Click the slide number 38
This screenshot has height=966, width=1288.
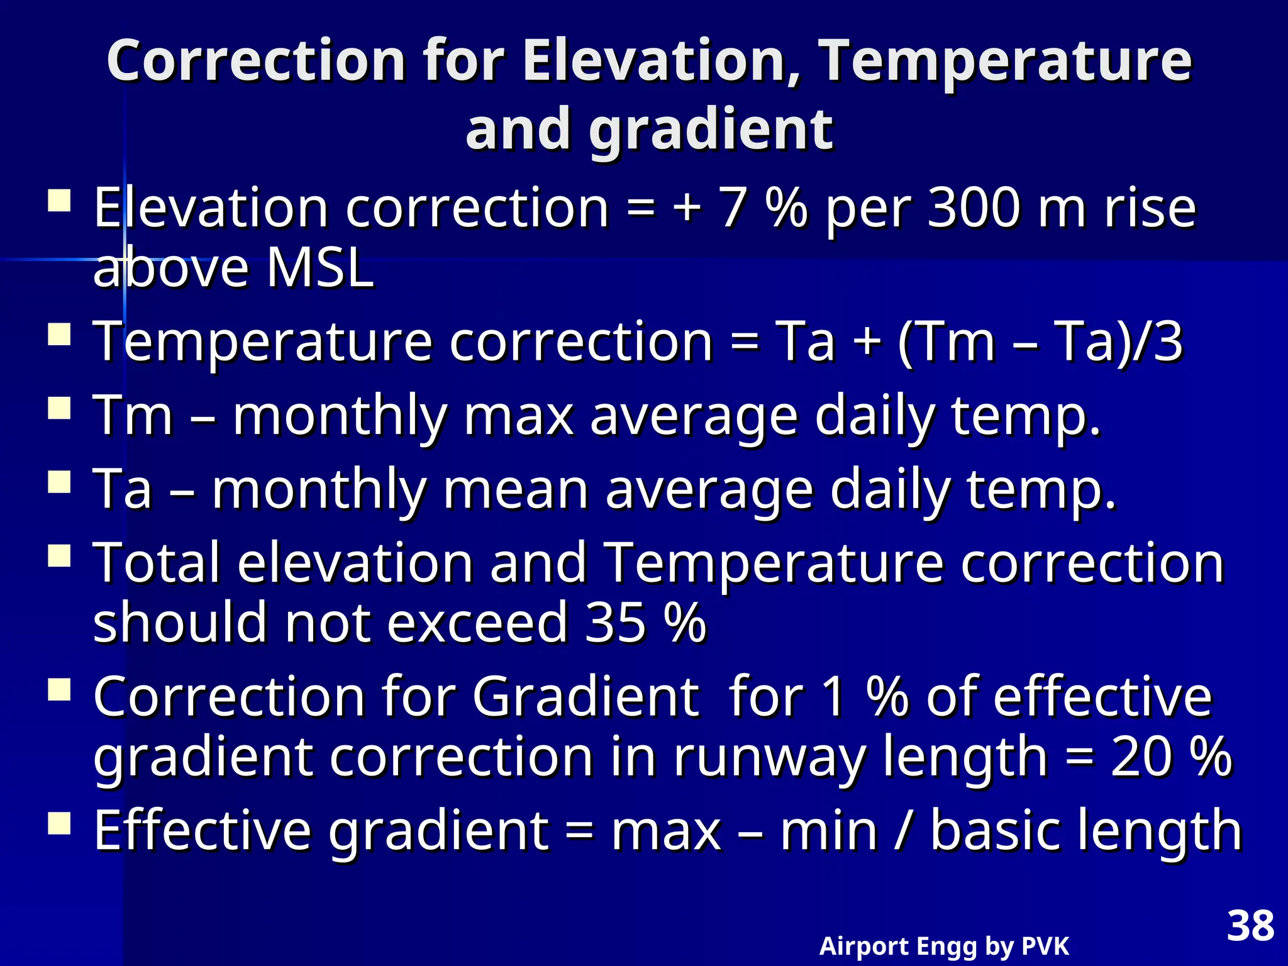click(1250, 926)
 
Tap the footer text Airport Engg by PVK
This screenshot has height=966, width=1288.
click(943, 946)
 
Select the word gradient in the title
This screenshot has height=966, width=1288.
click(711, 129)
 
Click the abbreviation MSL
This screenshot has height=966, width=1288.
click(320, 269)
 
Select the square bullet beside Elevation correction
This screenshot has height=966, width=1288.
click(59, 202)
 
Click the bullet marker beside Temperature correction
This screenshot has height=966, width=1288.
click(59, 335)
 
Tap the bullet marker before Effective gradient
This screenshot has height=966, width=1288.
click(59, 823)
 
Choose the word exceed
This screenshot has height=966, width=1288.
click(477, 623)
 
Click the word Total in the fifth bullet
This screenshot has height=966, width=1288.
click(157, 563)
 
